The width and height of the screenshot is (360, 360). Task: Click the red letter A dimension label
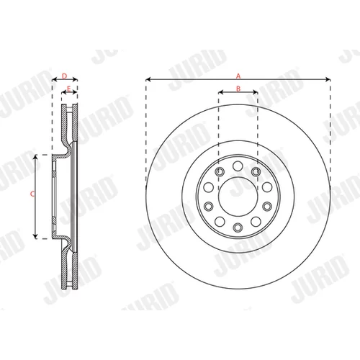238,76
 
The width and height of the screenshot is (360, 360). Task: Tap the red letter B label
238,89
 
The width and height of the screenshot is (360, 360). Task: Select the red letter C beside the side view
32,194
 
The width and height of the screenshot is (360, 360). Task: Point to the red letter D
64,76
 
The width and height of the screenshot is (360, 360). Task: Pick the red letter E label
68,89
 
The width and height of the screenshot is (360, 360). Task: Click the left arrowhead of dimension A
148,79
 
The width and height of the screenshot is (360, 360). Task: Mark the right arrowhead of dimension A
328,79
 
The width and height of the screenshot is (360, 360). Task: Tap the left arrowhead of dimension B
221,92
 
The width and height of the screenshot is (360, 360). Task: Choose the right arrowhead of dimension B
255,92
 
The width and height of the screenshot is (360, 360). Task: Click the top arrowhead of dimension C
35,157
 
